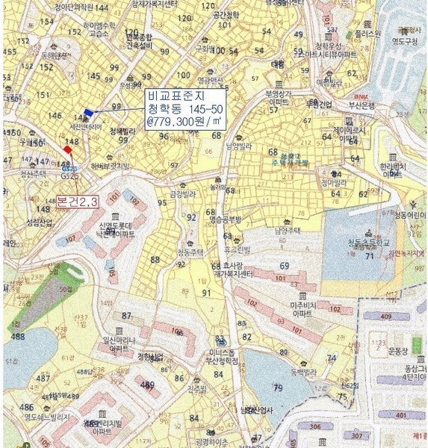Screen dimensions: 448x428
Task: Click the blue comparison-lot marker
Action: point(89,113)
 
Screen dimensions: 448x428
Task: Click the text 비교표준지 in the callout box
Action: point(174,96)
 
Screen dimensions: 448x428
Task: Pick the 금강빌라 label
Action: point(182,193)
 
